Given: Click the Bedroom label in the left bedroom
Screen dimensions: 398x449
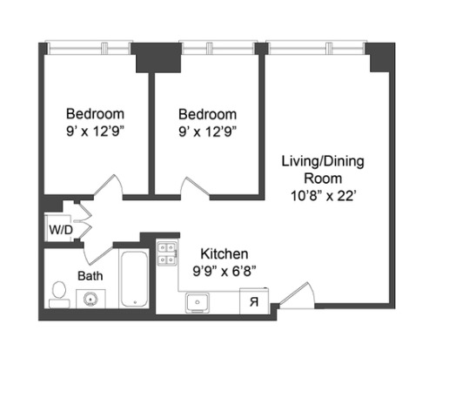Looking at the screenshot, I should click(x=96, y=114).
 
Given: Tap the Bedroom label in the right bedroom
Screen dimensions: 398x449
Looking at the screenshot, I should click(x=207, y=114).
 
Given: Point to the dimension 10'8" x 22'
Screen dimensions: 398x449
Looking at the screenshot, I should click(x=322, y=196).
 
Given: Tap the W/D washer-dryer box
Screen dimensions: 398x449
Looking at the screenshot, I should click(x=59, y=230).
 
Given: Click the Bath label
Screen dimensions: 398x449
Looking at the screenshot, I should click(x=90, y=275).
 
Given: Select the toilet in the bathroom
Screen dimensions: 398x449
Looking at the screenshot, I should click(x=59, y=294).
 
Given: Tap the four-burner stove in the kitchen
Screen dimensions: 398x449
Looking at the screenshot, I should click(x=165, y=253).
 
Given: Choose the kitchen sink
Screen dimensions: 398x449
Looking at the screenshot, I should click(x=197, y=302).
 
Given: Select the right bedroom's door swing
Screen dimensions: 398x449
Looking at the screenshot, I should click(x=191, y=186).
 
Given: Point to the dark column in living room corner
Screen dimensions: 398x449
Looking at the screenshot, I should click(x=381, y=57).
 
